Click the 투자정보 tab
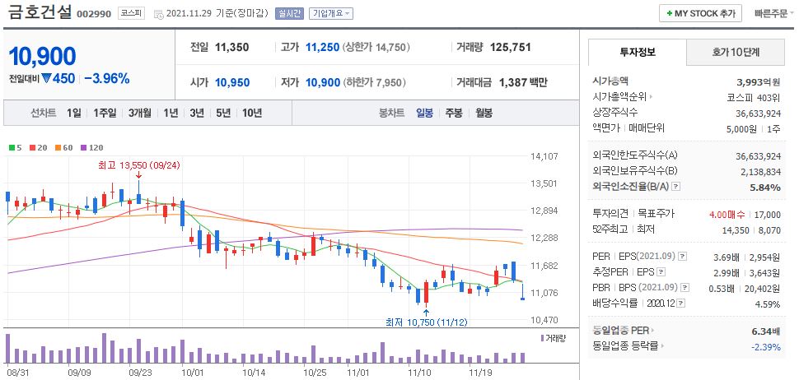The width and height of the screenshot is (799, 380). coord(637,52)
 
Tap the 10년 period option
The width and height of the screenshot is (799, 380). coord(251,113)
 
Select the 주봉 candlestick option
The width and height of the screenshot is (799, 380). coord(454,113)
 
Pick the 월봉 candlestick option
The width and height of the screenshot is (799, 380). coord(484,113)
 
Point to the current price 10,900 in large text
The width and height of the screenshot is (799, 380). coord(42,57)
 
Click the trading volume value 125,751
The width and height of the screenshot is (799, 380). coord(510,48)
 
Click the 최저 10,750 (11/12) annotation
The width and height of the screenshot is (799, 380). coord(426,321)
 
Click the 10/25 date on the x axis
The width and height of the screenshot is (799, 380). coord(315,373)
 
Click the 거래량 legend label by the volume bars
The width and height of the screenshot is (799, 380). coord(556,338)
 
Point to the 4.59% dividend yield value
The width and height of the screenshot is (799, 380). coord(769,304)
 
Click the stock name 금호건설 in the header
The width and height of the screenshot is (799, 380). coord(38,13)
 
